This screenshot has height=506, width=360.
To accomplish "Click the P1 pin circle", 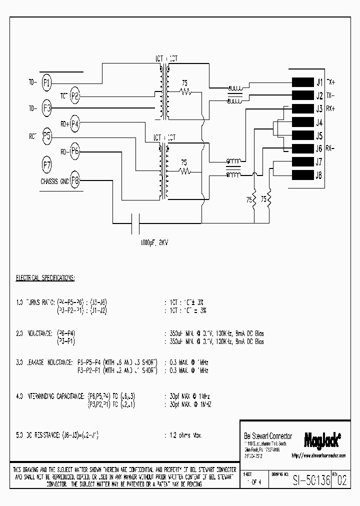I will coord(46,83).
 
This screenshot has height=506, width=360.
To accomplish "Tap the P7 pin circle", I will coord(46,164).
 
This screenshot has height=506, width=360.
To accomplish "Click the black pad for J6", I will coord(302,148).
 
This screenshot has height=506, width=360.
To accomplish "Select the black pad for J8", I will coord(302,175).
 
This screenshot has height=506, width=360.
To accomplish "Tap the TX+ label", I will coord(331,81).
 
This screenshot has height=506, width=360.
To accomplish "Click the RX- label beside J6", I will coord(330,148).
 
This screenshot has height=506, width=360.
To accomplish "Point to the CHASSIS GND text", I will coord(54,181).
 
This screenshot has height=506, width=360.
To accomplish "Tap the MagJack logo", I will coord(322,439).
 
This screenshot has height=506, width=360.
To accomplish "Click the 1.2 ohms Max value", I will coord(183,435).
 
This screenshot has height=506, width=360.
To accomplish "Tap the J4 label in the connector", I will coord(319,122).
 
